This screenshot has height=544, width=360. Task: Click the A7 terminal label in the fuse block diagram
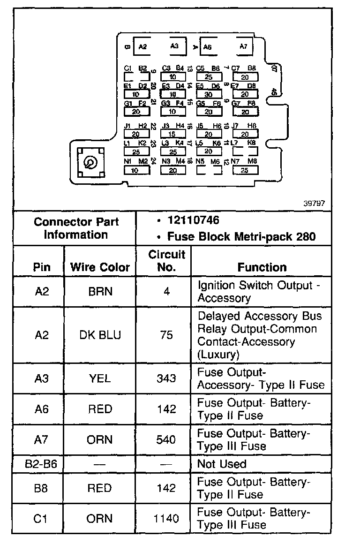coord(243,46)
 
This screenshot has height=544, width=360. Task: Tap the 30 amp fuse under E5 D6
coord(209,94)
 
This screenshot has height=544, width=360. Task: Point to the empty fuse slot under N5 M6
coord(209,171)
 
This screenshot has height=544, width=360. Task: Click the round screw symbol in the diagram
coord(89,163)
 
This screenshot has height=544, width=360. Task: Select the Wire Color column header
coord(100,267)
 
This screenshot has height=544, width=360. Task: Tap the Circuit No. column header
coord(167,261)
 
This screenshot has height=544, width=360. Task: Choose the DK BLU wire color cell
coord(100,335)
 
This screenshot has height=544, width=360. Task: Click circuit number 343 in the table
coord(167,378)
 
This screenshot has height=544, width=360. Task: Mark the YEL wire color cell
coord(100,378)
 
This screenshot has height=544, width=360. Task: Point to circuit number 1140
coord(167,519)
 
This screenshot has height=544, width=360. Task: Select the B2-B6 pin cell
coord(38,464)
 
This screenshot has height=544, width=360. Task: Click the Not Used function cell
coord(222,464)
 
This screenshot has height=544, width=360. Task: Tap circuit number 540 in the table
coord(167,440)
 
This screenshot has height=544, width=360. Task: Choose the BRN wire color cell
coord(100,291)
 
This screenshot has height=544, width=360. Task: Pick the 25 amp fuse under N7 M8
coord(244,171)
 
